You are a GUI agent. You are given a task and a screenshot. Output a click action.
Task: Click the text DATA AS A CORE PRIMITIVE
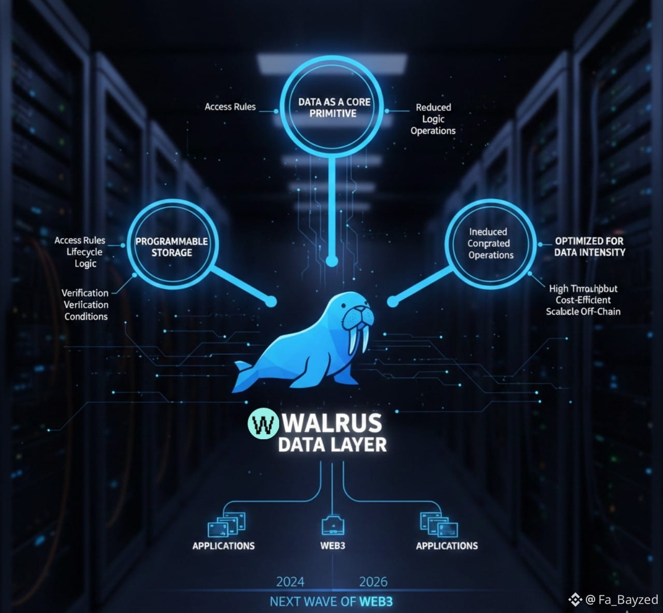[x=334, y=108]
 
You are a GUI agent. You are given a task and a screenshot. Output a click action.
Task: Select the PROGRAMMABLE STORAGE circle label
[x=171, y=247]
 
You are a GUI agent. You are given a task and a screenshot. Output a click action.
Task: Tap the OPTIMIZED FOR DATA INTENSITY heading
[x=589, y=247]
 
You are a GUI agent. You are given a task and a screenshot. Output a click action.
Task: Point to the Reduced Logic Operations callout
[x=433, y=119]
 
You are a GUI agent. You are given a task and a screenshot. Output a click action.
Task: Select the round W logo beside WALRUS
[x=264, y=424]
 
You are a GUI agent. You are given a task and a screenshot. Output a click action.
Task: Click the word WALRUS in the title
[x=333, y=423]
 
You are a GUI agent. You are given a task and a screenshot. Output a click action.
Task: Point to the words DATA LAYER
[x=332, y=445]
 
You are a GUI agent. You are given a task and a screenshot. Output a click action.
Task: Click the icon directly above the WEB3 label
[x=333, y=525]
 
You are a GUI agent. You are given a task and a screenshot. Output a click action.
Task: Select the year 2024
[x=290, y=582]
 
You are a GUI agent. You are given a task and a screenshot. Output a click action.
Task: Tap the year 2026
[x=373, y=582]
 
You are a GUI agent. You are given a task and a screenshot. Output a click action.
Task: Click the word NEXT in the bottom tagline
[x=284, y=602]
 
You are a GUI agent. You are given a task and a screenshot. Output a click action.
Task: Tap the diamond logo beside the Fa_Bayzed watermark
[x=575, y=600]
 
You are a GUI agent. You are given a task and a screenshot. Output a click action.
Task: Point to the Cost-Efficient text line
[x=583, y=300]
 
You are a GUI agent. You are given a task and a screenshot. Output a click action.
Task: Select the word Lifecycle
[x=84, y=252]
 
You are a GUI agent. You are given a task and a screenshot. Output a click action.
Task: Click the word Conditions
[x=86, y=317]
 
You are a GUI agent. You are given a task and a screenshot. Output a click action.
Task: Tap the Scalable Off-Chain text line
[x=583, y=311]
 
